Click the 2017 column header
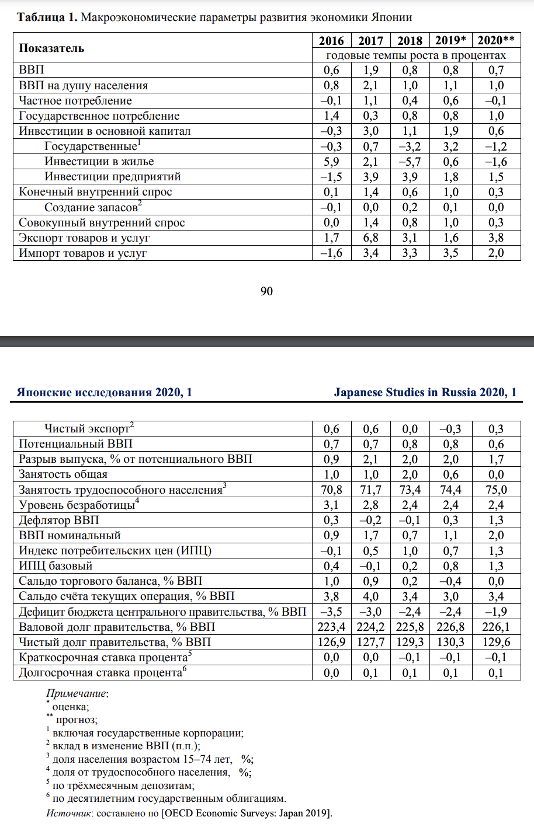[x=370, y=40]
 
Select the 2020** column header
[x=495, y=40]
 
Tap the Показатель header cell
[x=51, y=48]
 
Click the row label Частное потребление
[x=75, y=101]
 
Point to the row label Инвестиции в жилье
[x=99, y=162]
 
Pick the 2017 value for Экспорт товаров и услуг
[x=370, y=238]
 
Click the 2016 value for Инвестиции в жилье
[x=331, y=162]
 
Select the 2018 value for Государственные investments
[x=410, y=146]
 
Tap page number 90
[x=266, y=291]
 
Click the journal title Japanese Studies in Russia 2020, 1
[x=425, y=392]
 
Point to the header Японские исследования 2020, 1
[x=105, y=392]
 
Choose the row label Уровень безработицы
[x=77, y=505]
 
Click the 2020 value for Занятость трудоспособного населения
[x=495, y=490]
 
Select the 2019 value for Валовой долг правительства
[x=450, y=627]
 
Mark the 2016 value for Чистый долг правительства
[x=331, y=642]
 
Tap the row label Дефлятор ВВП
[x=59, y=520]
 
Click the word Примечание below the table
[x=76, y=694]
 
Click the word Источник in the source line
[x=68, y=813]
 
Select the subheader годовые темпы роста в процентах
[x=415, y=55]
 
